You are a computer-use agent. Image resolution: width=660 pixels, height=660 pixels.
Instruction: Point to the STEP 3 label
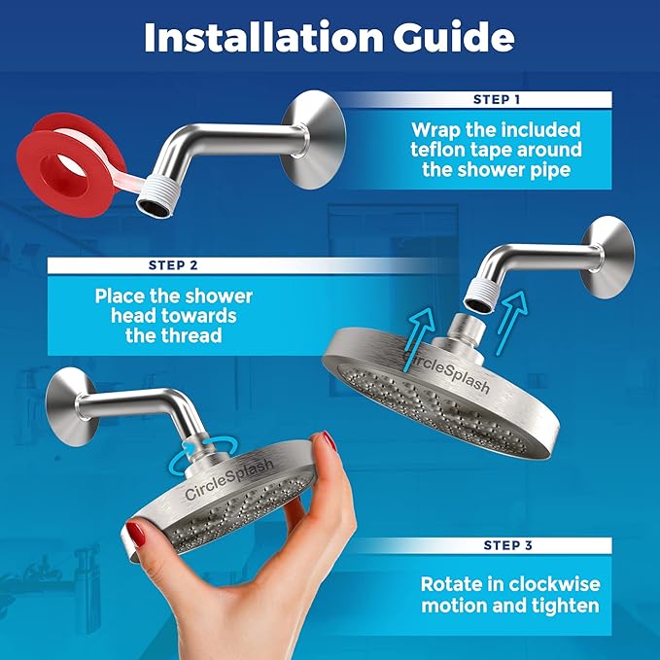click(504, 544)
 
